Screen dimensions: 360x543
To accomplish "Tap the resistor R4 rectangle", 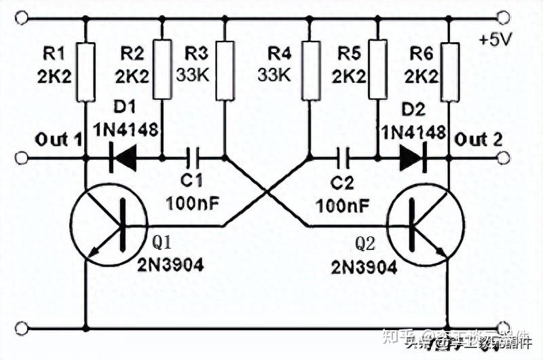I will (310, 62).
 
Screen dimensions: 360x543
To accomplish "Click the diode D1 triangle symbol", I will (124, 159).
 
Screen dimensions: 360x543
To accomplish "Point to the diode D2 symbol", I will (411, 159).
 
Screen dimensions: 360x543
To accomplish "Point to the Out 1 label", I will (59, 141).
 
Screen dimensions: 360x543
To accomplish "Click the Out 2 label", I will (479, 141).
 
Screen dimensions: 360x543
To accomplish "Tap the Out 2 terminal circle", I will (503, 159).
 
